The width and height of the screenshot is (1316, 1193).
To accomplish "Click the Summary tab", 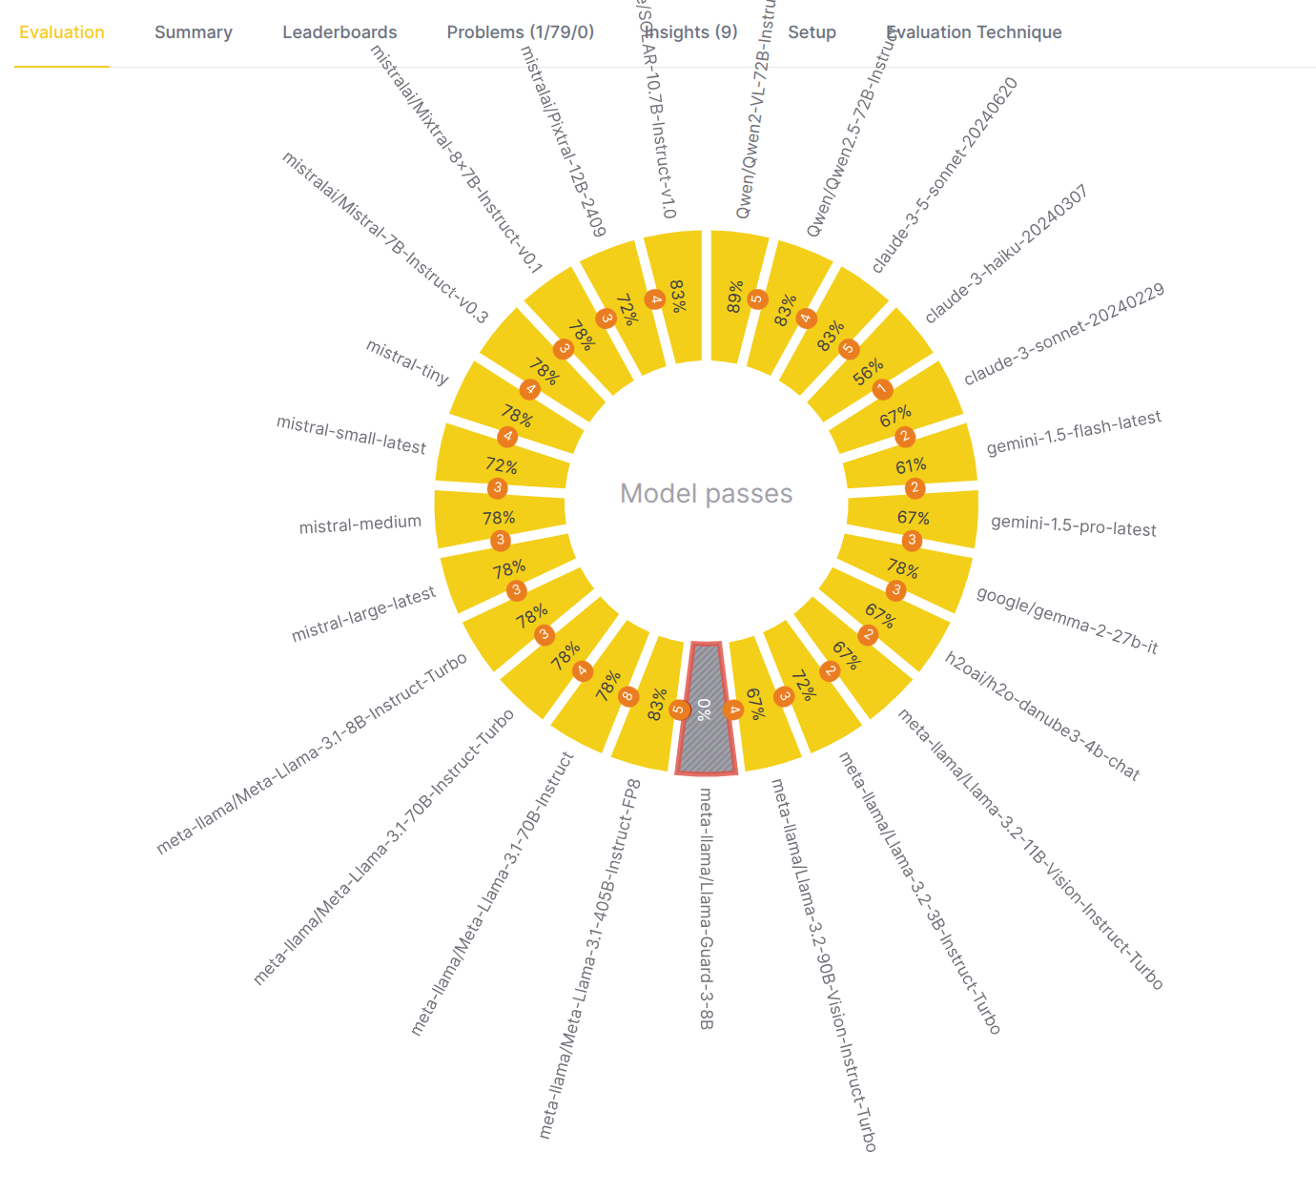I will coord(194,32).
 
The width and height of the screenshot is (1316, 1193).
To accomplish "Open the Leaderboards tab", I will coord(339,32).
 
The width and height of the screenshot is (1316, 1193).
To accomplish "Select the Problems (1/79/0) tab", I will coord(520,32).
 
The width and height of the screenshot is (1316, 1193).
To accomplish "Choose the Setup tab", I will coord(812,32).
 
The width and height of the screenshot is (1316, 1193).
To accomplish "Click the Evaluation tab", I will coord(62,32).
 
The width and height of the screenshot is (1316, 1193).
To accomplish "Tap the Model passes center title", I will coord(706,493).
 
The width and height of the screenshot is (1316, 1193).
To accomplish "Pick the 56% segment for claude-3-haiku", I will coord(868,367).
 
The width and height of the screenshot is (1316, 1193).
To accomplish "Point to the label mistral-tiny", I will coord(407,362).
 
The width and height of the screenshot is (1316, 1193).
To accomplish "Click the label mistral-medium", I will coord(360,524).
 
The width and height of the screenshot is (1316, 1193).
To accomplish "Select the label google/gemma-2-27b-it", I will coord(1066,620).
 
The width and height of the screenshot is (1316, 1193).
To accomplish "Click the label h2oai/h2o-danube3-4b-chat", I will coord(1041,715).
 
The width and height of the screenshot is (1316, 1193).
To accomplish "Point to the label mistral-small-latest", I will coord(351,435).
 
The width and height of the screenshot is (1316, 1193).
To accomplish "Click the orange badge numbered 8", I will coord(627,696).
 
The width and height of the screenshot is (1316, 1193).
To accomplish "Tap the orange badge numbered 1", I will coord(882,389).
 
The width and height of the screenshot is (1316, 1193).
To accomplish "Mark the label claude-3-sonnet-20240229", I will coord(1063,334).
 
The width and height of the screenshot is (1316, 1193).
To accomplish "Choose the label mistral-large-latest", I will coord(363,614).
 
